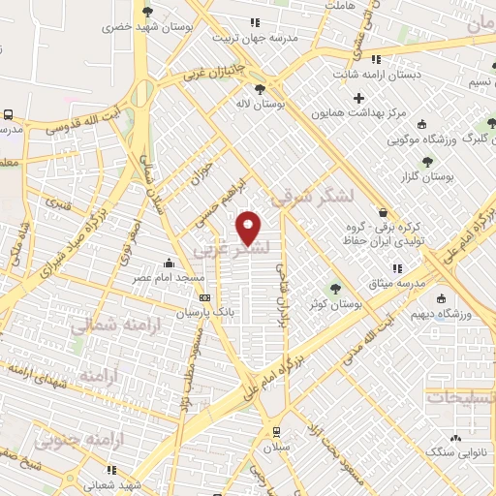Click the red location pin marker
click(249, 227)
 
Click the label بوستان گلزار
click(427, 178)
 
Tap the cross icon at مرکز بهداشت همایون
click(358, 98)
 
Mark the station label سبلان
click(278, 448)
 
